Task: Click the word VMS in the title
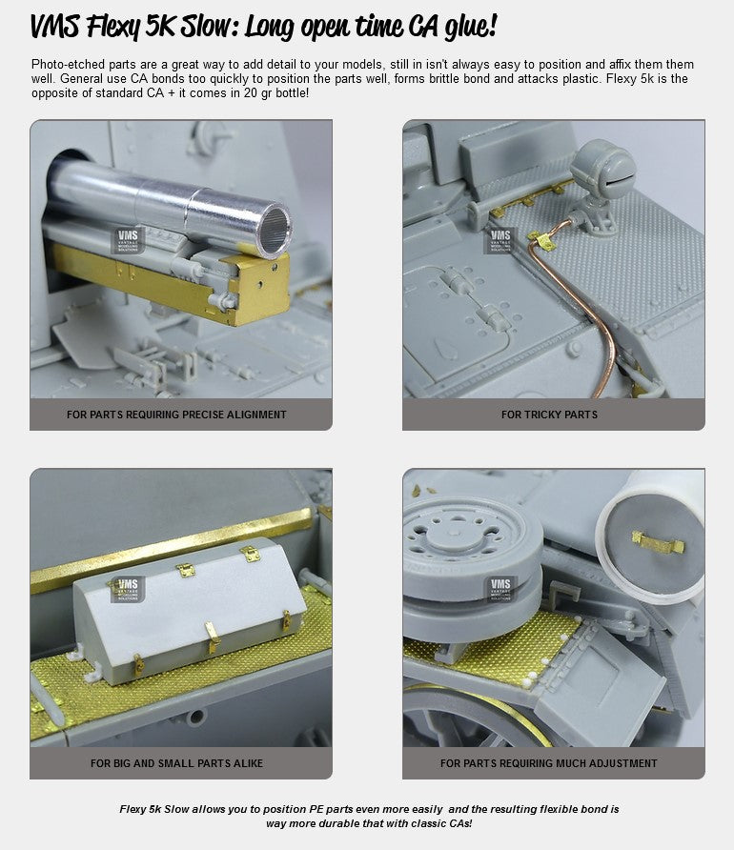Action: pyautogui.click(x=55, y=26)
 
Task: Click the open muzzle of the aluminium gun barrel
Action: pyautogui.click(x=275, y=231)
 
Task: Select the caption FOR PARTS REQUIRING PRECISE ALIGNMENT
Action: pyautogui.click(x=176, y=415)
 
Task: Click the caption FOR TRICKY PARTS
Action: pyautogui.click(x=549, y=415)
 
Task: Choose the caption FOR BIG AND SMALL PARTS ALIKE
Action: pyautogui.click(x=176, y=763)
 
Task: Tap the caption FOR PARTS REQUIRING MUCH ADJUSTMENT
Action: pyautogui.click(x=549, y=763)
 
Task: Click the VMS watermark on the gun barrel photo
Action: pyautogui.click(x=128, y=240)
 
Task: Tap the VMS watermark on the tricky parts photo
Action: pyautogui.click(x=500, y=240)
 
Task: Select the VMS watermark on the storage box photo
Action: pyautogui.click(x=128, y=589)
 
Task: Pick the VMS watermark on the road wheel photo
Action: pyautogui.click(x=500, y=589)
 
